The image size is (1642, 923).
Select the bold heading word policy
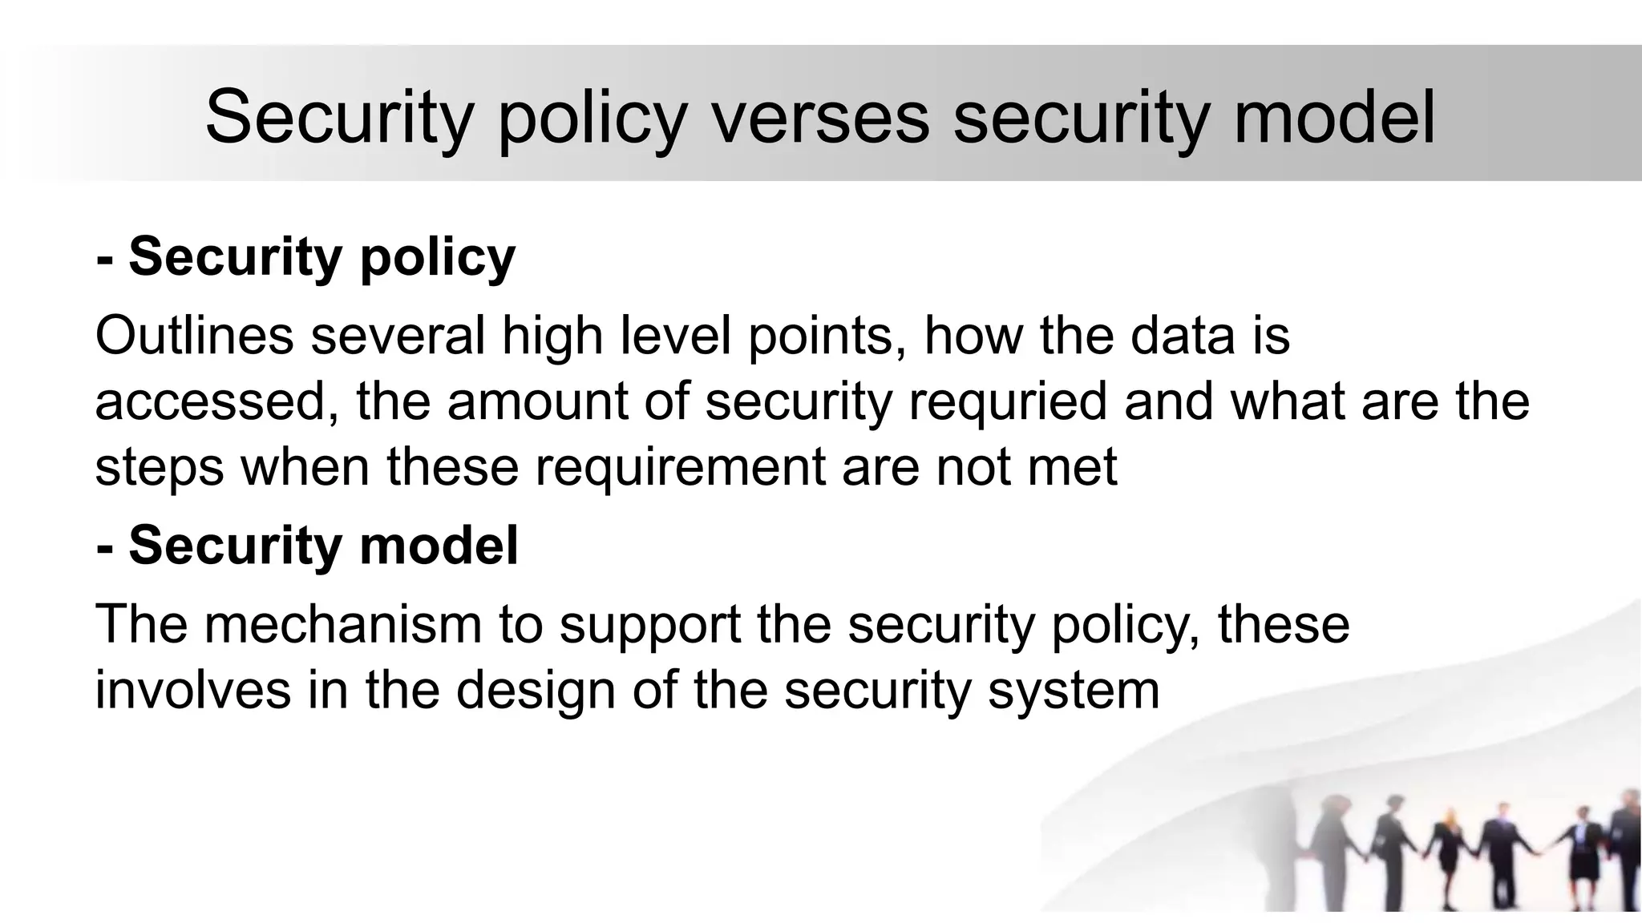[437, 257]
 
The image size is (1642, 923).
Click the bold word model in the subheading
[439, 546]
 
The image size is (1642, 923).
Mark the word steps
[159, 466]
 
